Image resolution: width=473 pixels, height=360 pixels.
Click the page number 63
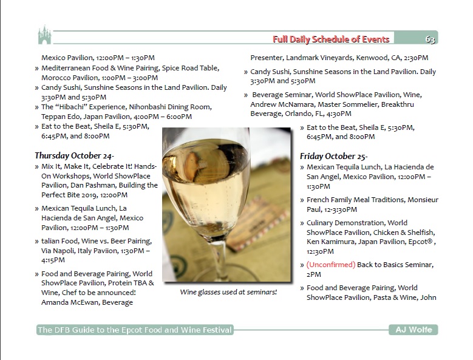pos(430,39)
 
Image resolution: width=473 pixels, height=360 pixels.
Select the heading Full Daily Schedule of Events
pos(331,39)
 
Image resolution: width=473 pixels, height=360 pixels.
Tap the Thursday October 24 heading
pos(74,155)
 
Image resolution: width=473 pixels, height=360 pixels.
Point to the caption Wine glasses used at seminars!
pos(228,292)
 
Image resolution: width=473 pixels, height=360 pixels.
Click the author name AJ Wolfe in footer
pos(413,330)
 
